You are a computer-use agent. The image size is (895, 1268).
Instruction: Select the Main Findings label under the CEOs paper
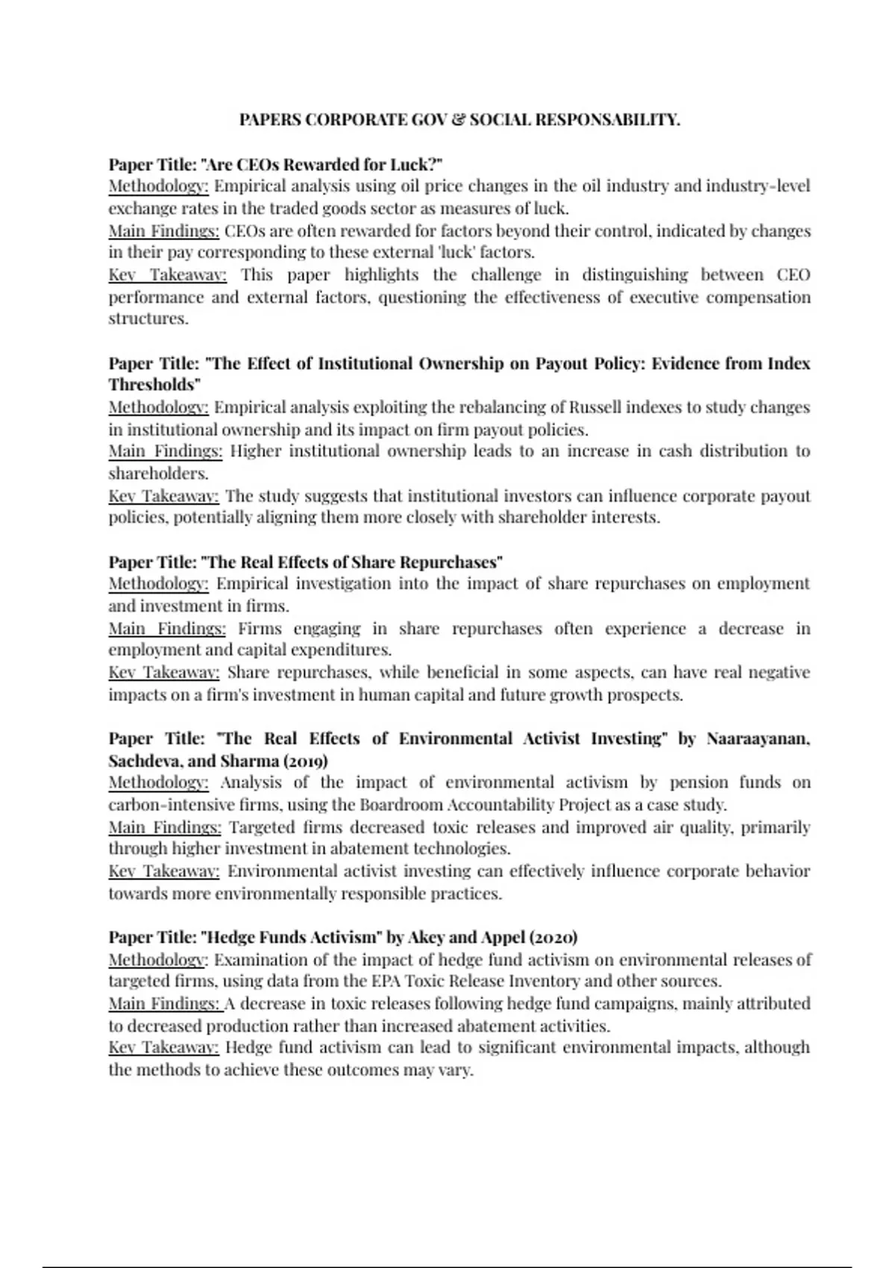[164, 230]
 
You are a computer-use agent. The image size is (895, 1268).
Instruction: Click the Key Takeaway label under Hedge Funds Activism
[164, 1047]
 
